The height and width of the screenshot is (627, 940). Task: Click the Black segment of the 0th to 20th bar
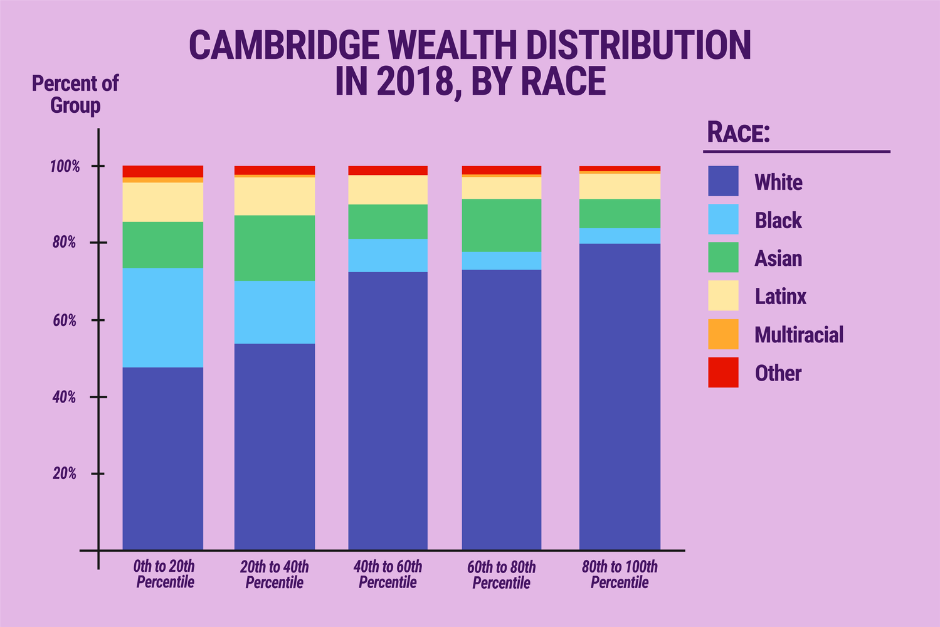click(162, 317)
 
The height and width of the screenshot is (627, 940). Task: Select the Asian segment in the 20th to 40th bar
click(275, 248)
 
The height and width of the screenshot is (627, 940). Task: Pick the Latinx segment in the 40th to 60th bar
click(388, 189)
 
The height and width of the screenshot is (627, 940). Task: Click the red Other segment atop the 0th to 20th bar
click(162, 171)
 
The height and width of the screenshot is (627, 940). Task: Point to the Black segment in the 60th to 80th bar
click(502, 261)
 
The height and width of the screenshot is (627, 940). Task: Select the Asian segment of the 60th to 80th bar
click(502, 225)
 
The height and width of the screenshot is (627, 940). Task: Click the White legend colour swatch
click(723, 181)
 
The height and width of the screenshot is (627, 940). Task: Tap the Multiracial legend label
click(799, 335)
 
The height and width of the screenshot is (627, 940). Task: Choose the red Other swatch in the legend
click(723, 372)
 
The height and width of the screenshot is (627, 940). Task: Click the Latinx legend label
click(780, 297)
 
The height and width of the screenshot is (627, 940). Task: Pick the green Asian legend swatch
click(723, 258)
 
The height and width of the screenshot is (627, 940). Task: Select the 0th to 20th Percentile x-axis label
click(164, 574)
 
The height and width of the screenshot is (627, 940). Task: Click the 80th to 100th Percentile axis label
click(620, 574)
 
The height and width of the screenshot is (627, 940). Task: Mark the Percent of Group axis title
click(75, 94)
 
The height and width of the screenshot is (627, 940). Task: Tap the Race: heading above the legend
click(738, 133)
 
